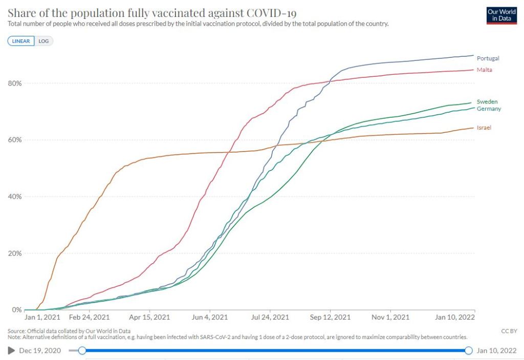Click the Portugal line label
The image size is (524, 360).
[488, 58]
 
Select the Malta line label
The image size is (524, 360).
[484, 70]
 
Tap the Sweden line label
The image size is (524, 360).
[487, 102]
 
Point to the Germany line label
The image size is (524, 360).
[489, 109]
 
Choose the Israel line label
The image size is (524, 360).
[484, 128]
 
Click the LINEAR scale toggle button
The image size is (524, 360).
[21, 41]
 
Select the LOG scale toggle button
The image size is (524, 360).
[44, 41]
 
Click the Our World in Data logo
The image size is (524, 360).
[501, 15]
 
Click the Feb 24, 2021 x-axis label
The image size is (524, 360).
[90, 317]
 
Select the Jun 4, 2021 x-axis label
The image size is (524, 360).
[210, 317]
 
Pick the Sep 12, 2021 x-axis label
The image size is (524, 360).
[331, 317]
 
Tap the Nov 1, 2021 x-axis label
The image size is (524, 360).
[390, 317]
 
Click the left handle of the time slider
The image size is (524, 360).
[82, 351]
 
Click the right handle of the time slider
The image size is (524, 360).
[468, 351]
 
